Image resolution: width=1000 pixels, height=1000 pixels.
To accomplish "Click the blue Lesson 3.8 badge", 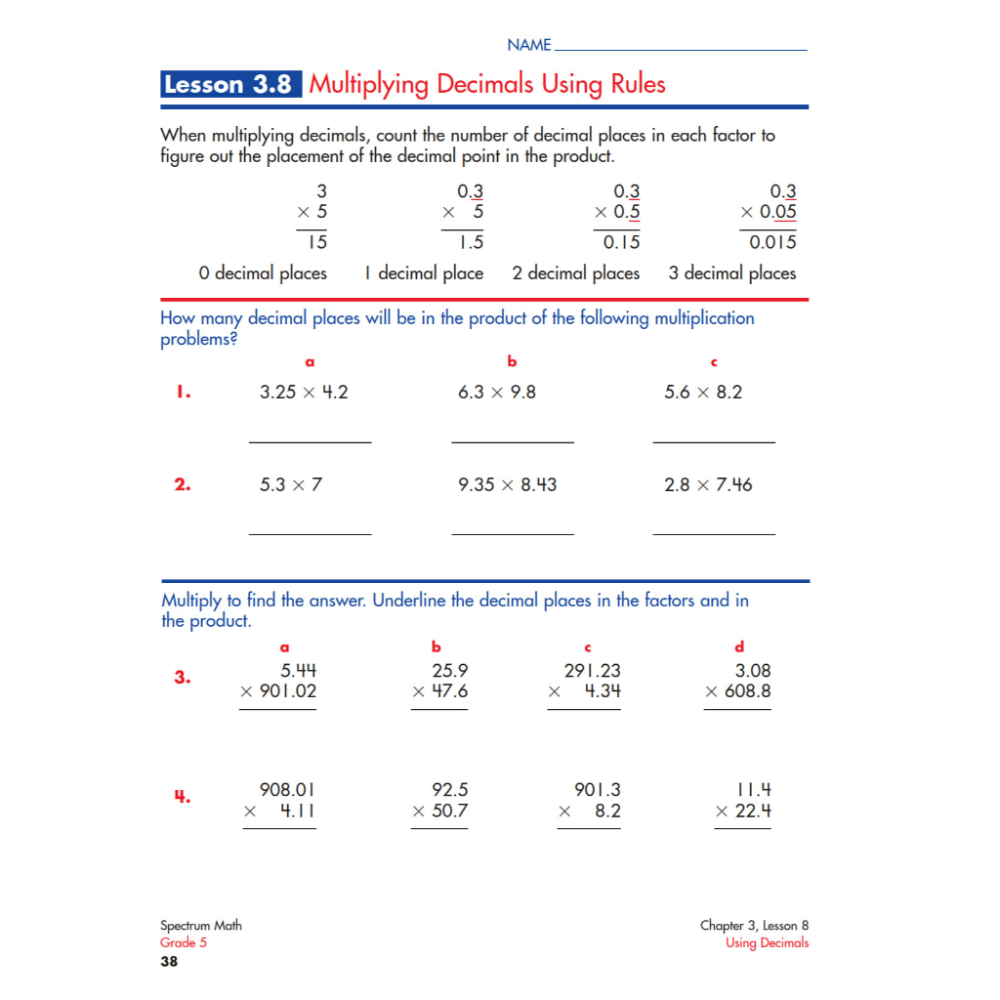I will tap(231, 85).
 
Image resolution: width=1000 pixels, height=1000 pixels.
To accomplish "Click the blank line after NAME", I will tap(680, 49).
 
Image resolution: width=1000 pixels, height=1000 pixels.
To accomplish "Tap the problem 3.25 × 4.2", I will tap(304, 393).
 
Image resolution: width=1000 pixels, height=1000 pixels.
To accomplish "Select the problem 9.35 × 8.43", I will tap(508, 484).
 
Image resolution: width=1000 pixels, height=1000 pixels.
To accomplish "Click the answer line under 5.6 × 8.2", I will tap(714, 442).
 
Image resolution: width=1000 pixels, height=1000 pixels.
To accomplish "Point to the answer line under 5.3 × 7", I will tap(311, 534).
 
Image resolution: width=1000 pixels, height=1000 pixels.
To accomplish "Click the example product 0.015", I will tap(772, 242).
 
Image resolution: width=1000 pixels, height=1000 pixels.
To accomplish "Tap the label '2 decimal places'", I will tap(576, 273).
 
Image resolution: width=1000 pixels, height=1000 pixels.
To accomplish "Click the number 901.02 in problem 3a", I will tap(287, 691).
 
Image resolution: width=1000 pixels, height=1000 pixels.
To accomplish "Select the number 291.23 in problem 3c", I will tap(593, 671).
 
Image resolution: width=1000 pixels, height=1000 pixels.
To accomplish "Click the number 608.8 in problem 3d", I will tap(747, 691).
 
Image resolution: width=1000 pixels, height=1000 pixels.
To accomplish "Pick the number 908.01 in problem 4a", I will tap(287, 789).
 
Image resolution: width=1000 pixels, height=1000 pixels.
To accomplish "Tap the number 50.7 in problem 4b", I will tap(449, 811).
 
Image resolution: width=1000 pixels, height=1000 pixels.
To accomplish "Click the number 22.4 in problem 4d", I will tap(753, 811).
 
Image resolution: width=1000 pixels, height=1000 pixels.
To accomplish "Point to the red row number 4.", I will tap(182, 797).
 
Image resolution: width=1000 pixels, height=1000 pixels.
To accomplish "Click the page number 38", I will tap(169, 962).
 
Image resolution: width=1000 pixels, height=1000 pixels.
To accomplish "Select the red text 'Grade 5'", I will tap(184, 943).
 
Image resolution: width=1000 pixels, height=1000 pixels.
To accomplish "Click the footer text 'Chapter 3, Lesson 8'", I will tap(754, 926).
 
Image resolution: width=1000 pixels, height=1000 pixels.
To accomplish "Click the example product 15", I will tap(316, 242).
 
